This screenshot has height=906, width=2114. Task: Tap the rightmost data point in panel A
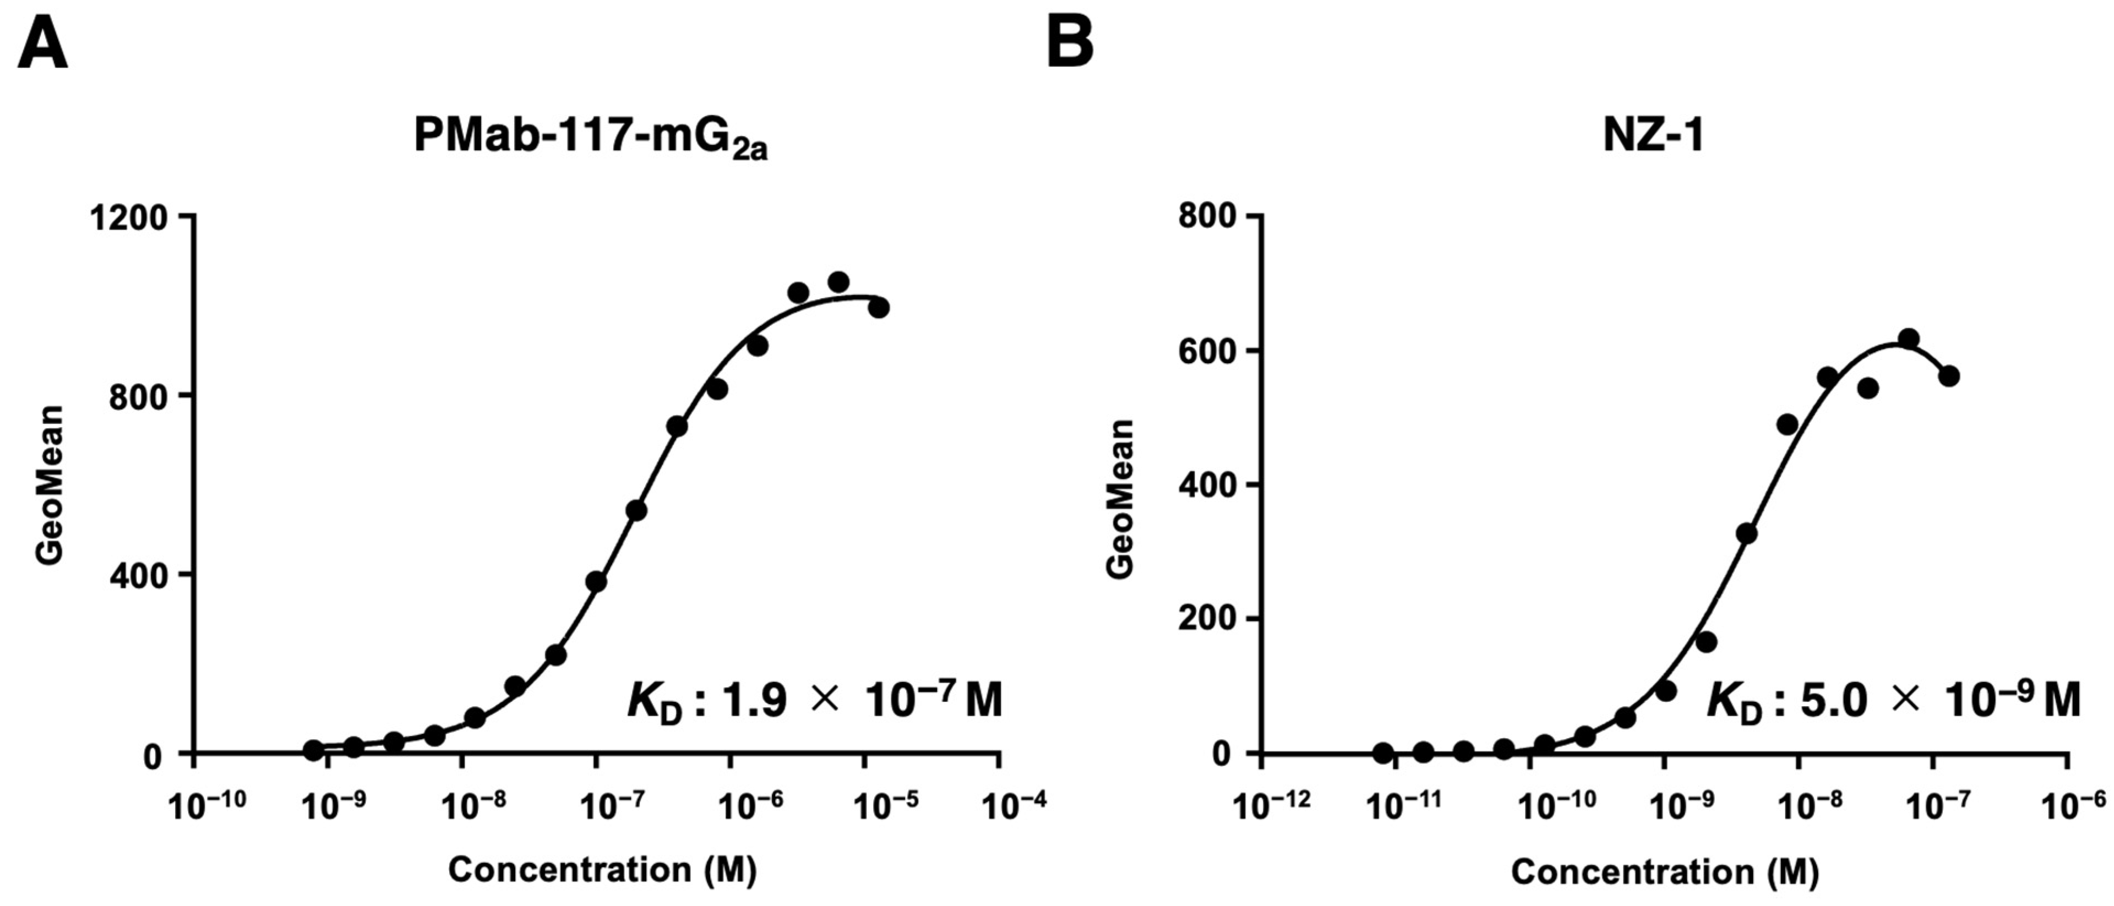click(878, 308)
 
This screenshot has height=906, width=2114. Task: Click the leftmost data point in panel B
click(1383, 752)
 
